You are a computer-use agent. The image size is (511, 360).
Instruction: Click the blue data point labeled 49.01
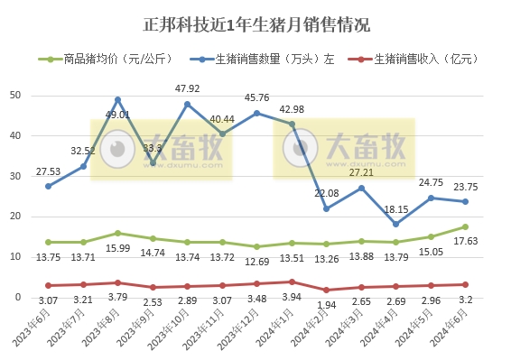[118, 99]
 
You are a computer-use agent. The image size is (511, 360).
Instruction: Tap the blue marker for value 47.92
[188, 104]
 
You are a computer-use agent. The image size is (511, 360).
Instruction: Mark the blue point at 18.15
[396, 224]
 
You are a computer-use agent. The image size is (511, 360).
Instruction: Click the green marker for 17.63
[466, 226]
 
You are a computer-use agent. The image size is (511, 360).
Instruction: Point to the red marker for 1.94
[327, 290]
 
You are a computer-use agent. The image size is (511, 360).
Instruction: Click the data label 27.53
[48, 171]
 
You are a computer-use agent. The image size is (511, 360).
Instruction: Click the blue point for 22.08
[327, 208]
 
